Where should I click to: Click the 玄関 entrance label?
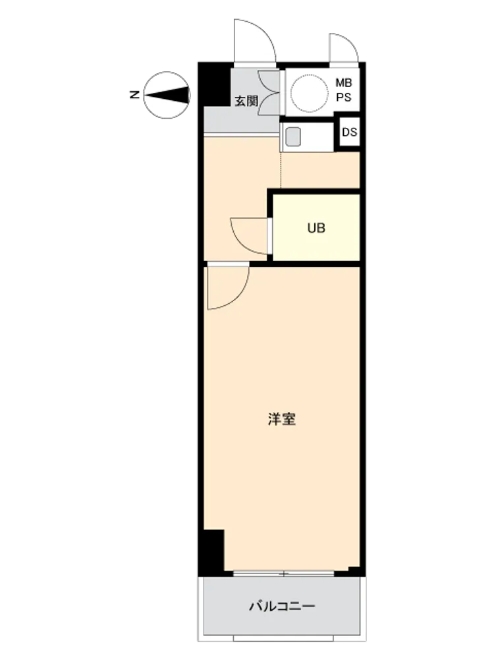click(x=246, y=101)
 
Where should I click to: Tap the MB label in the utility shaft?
click(x=344, y=83)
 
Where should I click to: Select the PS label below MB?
click(x=344, y=97)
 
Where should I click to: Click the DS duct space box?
click(x=349, y=132)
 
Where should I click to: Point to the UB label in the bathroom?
click(x=316, y=228)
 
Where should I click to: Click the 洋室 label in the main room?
click(x=282, y=419)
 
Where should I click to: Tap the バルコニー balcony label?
click(x=282, y=606)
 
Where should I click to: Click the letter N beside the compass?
click(x=134, y=95)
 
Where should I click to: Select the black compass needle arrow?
click(x=167, y=95)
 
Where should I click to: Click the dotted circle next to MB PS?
click(x=310, y=94)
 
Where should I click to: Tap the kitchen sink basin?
click(x=293, y=136)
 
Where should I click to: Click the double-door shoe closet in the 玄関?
click(x=269, y=93)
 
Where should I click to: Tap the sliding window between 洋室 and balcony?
click(x=284, y=573)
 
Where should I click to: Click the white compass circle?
click(x=167, y=95)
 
